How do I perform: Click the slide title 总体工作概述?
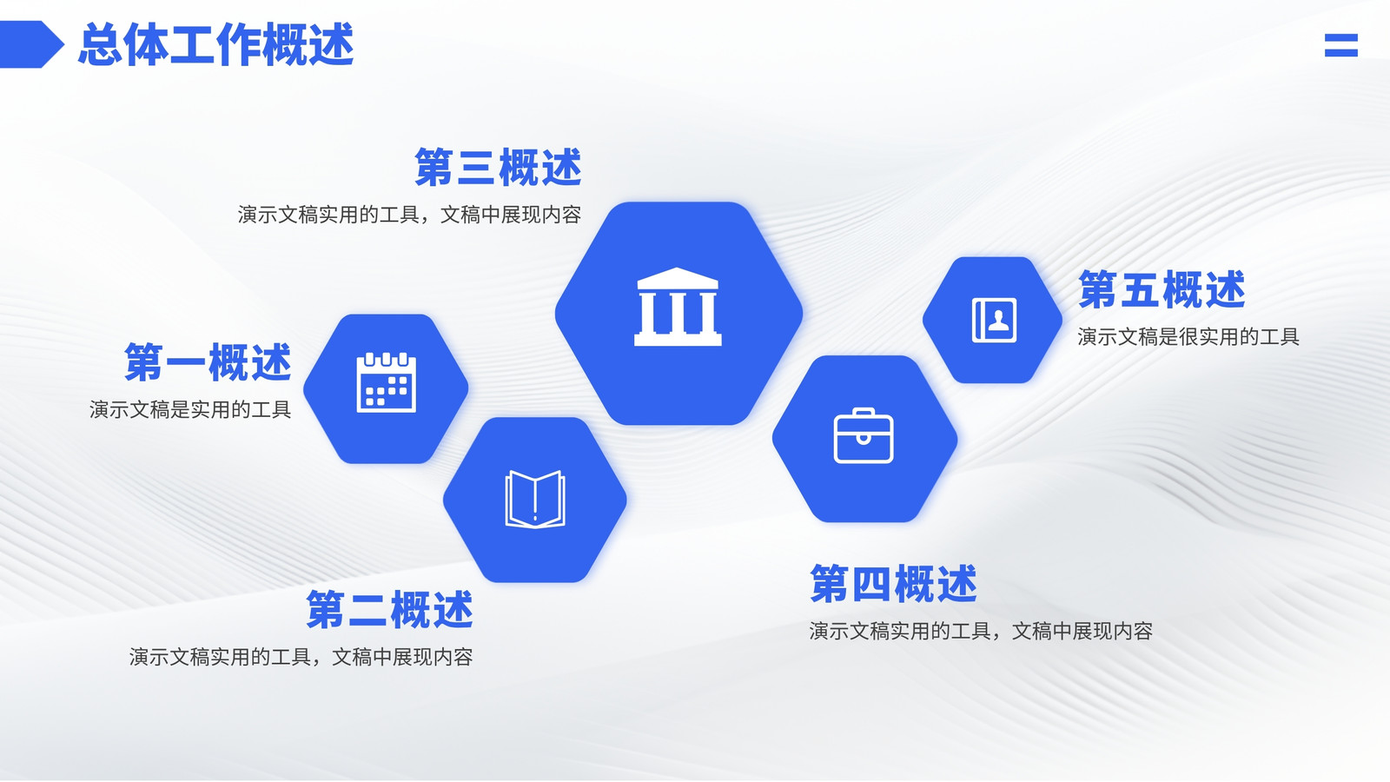pos(216,44)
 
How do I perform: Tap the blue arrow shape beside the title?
pos(31,44)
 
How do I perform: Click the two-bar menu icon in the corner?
pos(1341,45)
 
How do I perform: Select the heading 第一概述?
pos(208,361)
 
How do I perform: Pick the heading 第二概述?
pos(390,609)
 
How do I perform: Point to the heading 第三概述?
pos(499,167)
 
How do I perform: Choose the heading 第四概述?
pos(894,583)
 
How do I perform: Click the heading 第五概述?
pos(1162,289)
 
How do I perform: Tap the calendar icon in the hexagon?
pos(386,382)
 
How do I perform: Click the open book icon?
pos(535,500)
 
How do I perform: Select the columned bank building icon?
pos(678,307)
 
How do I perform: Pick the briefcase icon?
pos(864,435)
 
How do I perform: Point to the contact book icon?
pos(994,321)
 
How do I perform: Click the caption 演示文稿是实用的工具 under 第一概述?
pos(190,409)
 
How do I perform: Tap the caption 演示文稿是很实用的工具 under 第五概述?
pos(1188,337)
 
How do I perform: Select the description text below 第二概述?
pos(301,657)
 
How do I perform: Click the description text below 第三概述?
pos(409,215)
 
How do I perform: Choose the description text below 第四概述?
pos(981,631)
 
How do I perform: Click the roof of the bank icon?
pos(678,278)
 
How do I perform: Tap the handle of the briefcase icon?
pos(864,412)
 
